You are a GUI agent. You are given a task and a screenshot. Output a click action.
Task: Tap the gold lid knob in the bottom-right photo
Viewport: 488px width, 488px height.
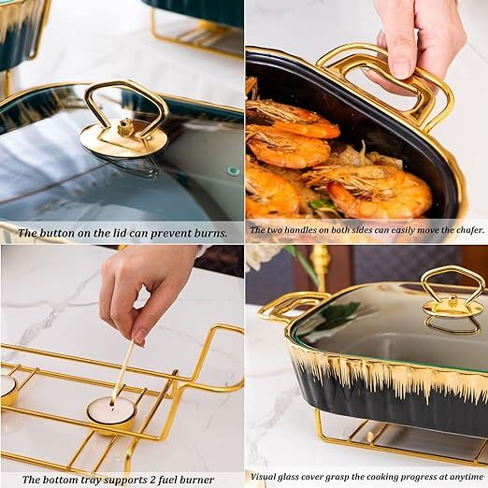click(x=452, y=297)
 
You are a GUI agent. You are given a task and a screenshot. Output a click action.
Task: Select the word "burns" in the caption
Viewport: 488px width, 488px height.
click(x=208, y=233)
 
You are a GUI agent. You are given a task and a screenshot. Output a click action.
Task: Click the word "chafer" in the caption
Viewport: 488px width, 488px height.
click(x=464, y=229)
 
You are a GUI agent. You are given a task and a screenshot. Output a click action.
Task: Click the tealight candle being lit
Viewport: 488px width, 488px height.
click(x=110, y=412)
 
